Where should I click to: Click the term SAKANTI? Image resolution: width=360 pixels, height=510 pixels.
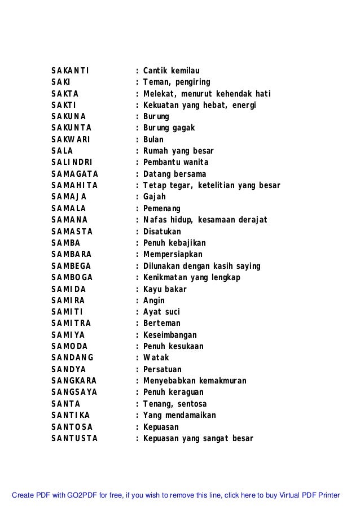[69, 71]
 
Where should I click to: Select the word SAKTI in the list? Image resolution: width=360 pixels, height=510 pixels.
[64, 105]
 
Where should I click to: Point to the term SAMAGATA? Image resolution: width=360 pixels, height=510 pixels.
[74, 174]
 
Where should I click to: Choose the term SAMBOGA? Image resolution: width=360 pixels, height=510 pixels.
[72, 277]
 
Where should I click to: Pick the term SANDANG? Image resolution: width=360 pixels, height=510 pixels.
[72, 358]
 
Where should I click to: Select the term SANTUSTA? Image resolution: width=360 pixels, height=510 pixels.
[74, 439]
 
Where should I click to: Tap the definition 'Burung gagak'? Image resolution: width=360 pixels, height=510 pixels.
[169, 128]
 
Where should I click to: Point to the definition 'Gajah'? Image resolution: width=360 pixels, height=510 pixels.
[155, 197]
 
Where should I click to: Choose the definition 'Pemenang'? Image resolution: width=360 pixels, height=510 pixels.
[162, 208]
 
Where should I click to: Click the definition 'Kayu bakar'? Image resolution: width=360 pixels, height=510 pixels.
[165, 289]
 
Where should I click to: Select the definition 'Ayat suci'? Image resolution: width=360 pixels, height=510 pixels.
[161, 312]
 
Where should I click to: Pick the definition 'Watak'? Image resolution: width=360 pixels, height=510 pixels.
[156, 358]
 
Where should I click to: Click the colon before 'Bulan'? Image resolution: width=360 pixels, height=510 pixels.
[138, 140]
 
